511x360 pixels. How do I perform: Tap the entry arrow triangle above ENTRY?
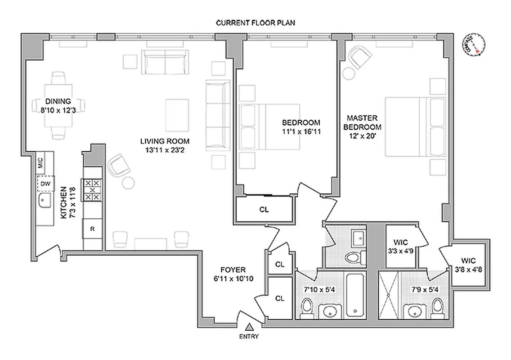pyautogui.click(x=249, y=327)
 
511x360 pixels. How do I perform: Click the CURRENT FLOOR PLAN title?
pyautogui.click(x=255, y=23)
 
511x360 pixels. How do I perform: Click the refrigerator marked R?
pyautogui.click(x=92, y=229)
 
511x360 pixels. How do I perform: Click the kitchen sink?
pyautogui.click(x=44, y=202)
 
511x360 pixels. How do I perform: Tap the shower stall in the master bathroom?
pyautogui.click(x=390, y=295)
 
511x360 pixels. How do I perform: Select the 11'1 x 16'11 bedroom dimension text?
pyautogui.click(x=301, y=131)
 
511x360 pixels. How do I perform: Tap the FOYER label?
pyautogui.click(x=233, y=274)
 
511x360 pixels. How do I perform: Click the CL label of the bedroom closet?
pyautogui.click(x=264, y=209)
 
